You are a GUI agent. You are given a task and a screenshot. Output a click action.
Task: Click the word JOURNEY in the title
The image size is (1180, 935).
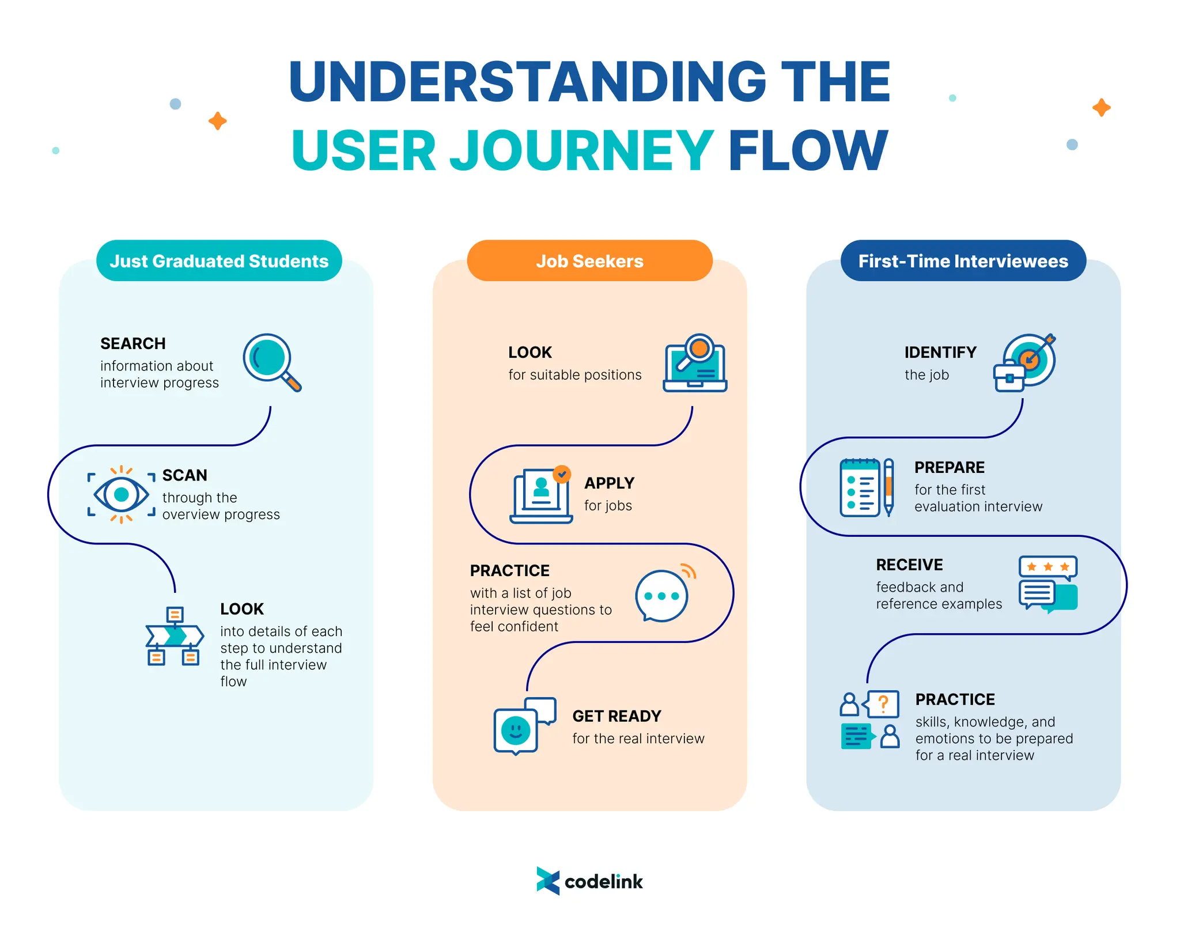tap(581, 151)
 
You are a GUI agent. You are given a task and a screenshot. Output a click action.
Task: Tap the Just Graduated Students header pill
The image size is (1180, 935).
tap(219, 261)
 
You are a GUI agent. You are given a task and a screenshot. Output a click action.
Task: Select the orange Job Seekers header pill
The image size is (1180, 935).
tap(589, 261)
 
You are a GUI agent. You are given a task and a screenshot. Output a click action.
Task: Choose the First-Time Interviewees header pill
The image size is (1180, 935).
tap(963, 261)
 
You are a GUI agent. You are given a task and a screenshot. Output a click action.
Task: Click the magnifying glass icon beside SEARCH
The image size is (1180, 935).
tap(271, 362)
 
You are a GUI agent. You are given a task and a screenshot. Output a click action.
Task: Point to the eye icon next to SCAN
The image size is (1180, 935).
tap(122, 494)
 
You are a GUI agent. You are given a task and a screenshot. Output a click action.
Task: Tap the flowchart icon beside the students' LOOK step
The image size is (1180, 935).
tap(174, 636)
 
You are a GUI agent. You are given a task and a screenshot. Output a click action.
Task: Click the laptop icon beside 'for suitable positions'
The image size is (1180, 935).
tap(695, 364)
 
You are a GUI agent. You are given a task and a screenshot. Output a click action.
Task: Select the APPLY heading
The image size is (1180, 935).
tap(609, 483)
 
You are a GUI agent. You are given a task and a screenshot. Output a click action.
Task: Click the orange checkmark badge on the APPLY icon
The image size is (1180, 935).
tap(562, 474)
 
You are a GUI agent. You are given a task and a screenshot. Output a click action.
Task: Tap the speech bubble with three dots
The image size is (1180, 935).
tap(662, 596)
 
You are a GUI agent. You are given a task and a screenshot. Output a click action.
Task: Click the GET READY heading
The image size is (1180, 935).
tap(617, 716)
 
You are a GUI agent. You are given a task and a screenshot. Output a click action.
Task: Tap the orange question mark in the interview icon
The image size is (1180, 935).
tap(883, 703)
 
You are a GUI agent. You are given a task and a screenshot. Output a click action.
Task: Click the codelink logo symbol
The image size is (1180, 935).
tap(548, 881)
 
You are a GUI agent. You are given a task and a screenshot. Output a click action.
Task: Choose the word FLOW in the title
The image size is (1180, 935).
tap(808, 151)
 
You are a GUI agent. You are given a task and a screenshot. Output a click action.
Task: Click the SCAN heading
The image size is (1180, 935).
tap(184, 475)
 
